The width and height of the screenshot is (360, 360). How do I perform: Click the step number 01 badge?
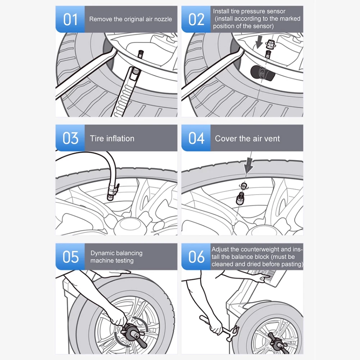pyautogui.click(x=70, y=19)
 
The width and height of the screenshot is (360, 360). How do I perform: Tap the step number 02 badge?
pyautogui.click(x=196, y=19)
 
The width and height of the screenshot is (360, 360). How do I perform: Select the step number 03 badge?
pyautogui.click(x=70, y=138)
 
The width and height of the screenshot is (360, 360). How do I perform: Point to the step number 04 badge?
pyautogui.click(x=196, y=138)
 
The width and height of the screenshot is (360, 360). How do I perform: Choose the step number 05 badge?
pyautogui.click(x=70, y=257)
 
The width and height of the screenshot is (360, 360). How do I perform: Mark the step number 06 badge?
pyautogui.click(x=196, y=257)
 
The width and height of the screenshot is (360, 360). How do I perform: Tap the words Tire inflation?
pyautogui.click(x=112, y=138)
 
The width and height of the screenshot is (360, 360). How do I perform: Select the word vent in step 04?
pyautogui.click(x=272, y=138)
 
